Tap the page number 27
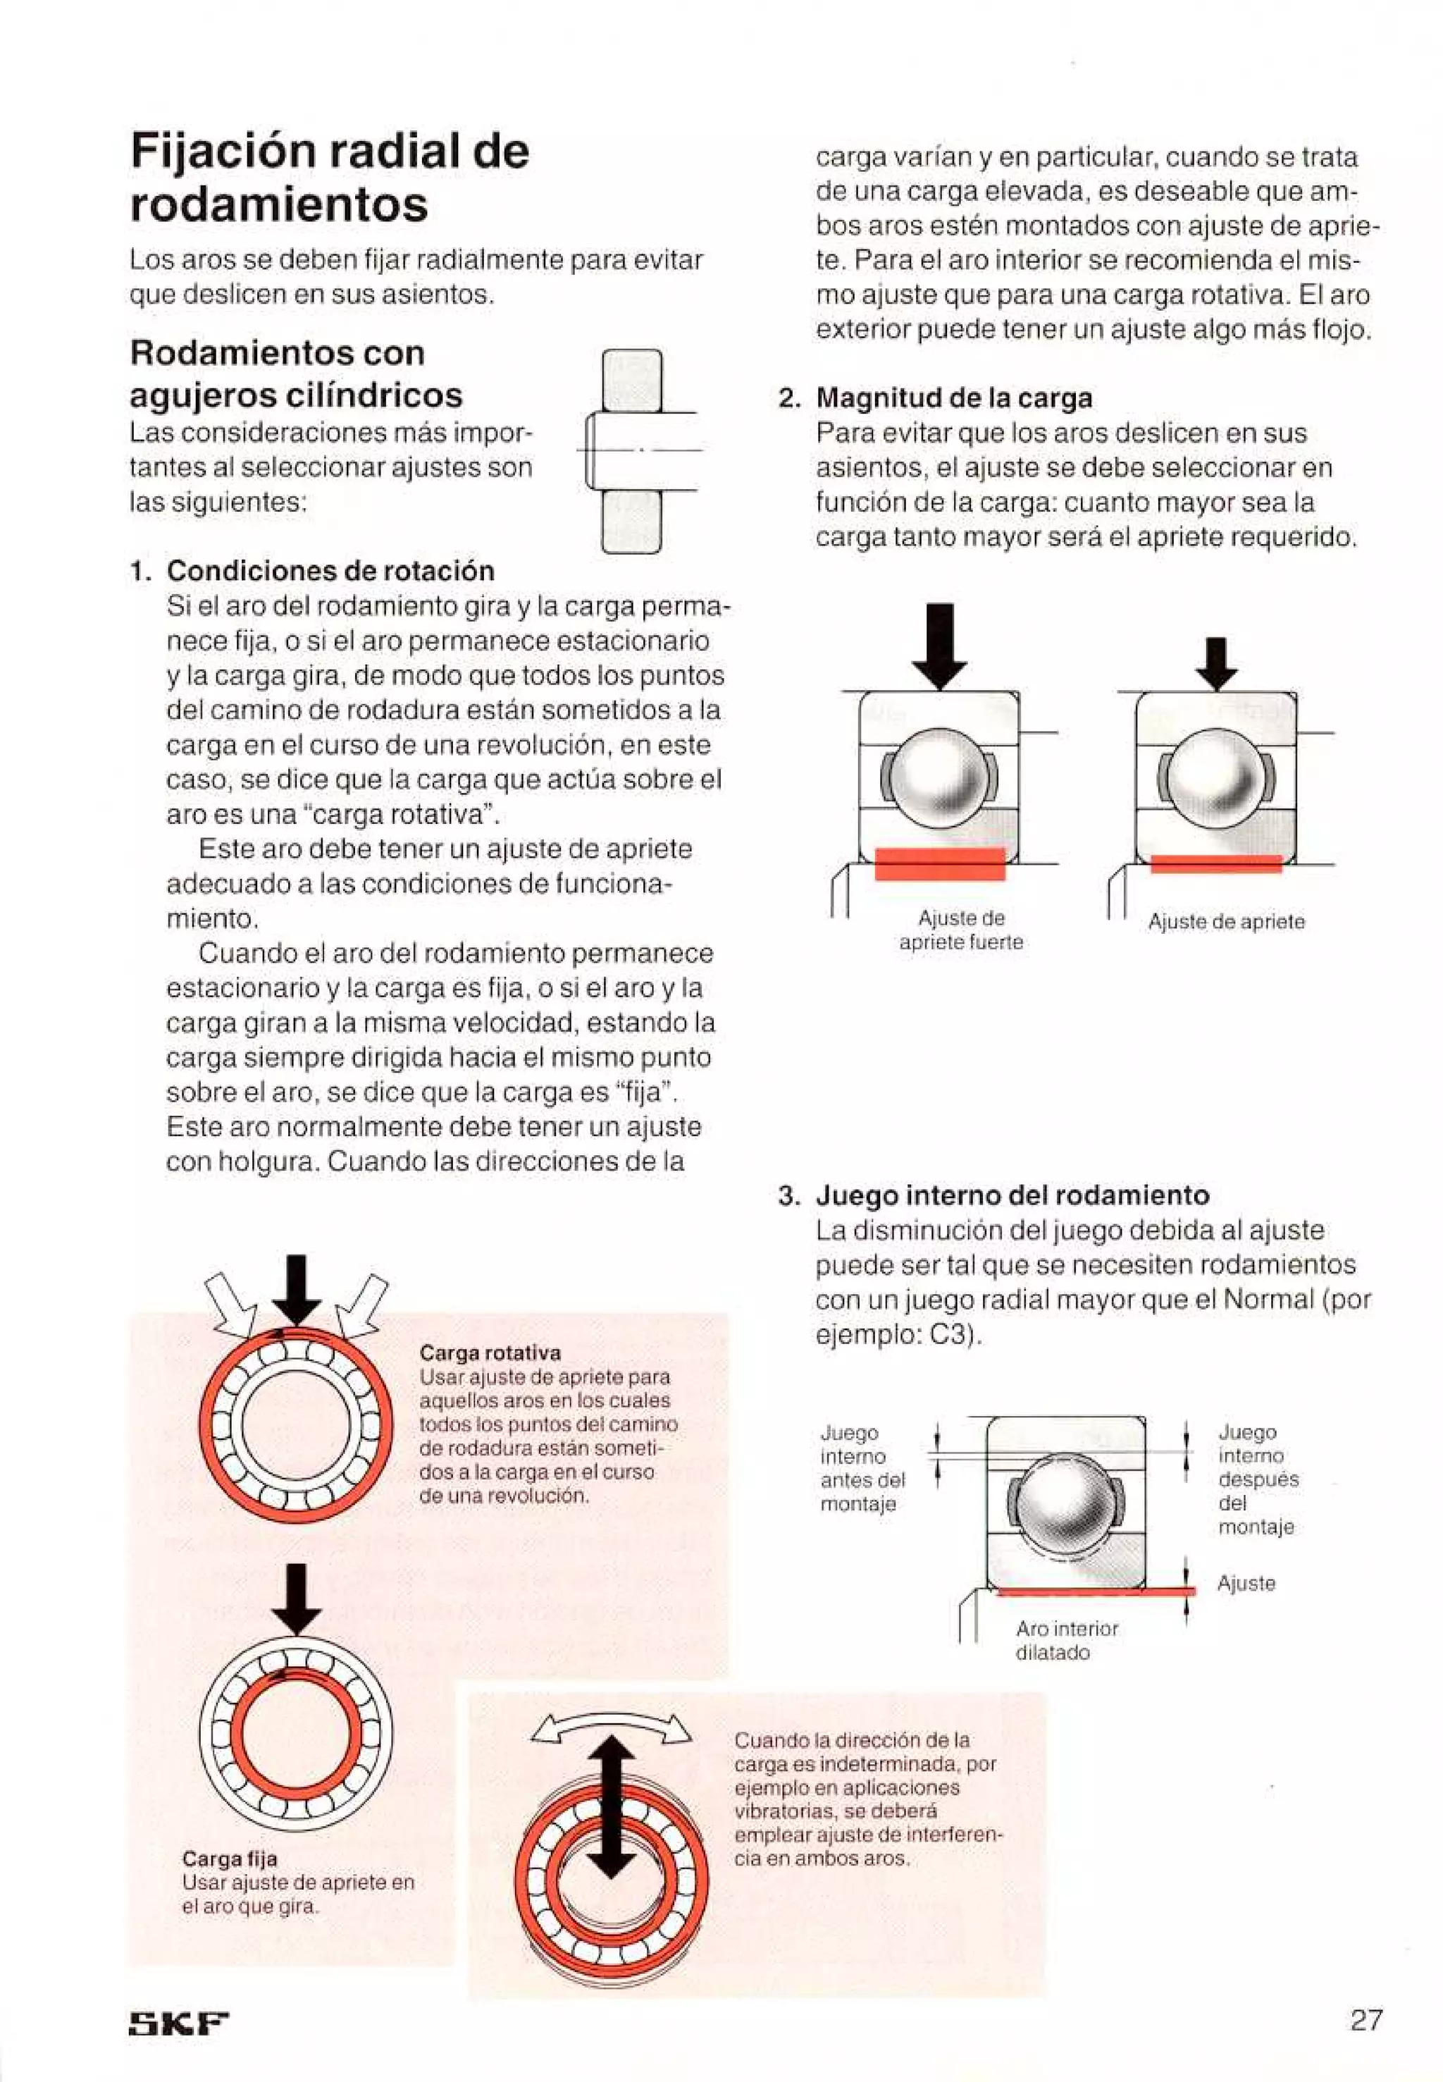[x=1366, y=2019]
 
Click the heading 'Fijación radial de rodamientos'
[x=329, y=178]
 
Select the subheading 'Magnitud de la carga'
[x=954, y=398]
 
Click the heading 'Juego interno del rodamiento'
[x=1012, y=1195]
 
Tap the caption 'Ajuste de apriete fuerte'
[x=960, y=930]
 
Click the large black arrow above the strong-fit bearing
[x=941, y=645]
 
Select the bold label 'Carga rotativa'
[x=490, y=1353]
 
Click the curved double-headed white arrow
[x=613, y=1730]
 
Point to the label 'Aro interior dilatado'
[x=1066, y=1639]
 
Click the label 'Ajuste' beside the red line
[x=1246, y=1583]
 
